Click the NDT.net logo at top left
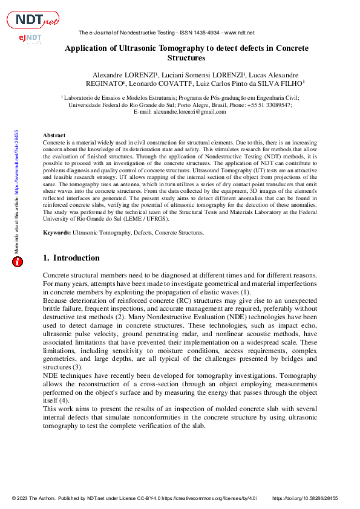[33, 20]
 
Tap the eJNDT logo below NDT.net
[30, 39]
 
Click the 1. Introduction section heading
[71, 258]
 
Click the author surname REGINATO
[106, 83]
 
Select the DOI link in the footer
[306, 499]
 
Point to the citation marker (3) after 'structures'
[77, 366]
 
